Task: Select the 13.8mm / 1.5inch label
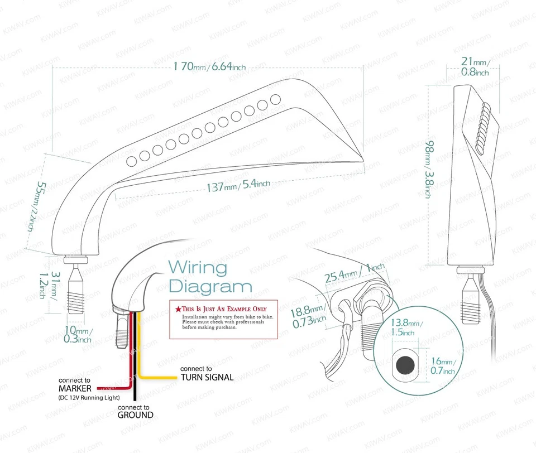(x=406, y=327)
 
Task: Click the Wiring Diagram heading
(x=210, y=277)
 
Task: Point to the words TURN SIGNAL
(x=207, y=378)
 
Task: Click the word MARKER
(x=76, y=388)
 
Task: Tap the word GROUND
(x=135, y=415)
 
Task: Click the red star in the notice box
(x=178, y=309)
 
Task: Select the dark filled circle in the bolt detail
(x=405, y=365)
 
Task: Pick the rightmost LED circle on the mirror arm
(x=275, y=99)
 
